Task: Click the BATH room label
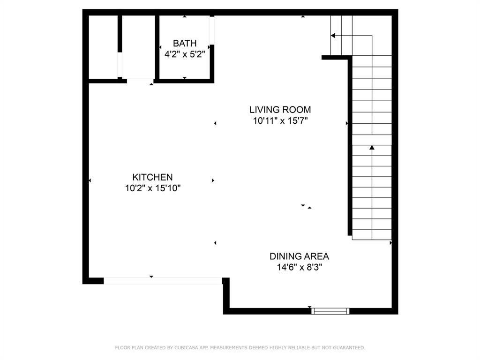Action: point(185,43)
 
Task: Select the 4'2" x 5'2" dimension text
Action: point(185,54)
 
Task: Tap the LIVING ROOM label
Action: point(280,110)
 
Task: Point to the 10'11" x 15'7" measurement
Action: point(280,120)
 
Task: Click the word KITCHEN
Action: point(152,177)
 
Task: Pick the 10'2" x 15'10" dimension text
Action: point(152,188)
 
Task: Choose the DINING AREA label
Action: point(299,256)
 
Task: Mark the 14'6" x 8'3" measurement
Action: point(299,267)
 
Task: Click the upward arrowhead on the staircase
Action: point(372,148)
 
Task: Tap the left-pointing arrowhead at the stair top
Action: point(333,35)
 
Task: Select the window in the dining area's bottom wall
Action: point(330,311)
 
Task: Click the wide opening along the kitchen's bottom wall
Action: point(163,281)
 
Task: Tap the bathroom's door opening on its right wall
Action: point(212,30)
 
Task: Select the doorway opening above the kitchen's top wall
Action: point(140,81)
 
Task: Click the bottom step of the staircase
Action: point(372,234)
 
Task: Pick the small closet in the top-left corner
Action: point(103,47)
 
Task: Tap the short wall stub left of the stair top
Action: point(335,58)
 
